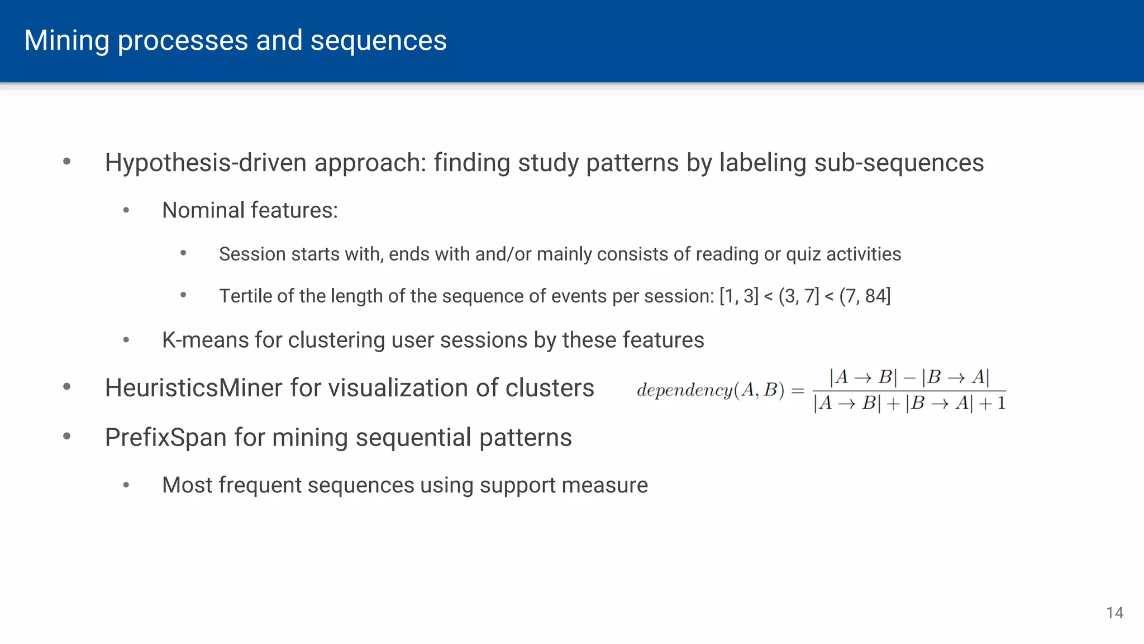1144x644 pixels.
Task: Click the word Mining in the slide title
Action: tap(66, 41)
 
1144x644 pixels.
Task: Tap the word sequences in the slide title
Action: tap(378, 41)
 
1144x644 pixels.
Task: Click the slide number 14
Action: tap(1114, 613)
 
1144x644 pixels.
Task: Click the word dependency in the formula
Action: tap(684, 390)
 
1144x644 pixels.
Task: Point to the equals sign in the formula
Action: tap(798, 390)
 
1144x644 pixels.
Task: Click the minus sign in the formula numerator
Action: tap(909, 378)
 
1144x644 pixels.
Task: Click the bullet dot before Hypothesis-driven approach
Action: tap(67, 162)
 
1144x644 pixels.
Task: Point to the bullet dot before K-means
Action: tap(126, 340)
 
